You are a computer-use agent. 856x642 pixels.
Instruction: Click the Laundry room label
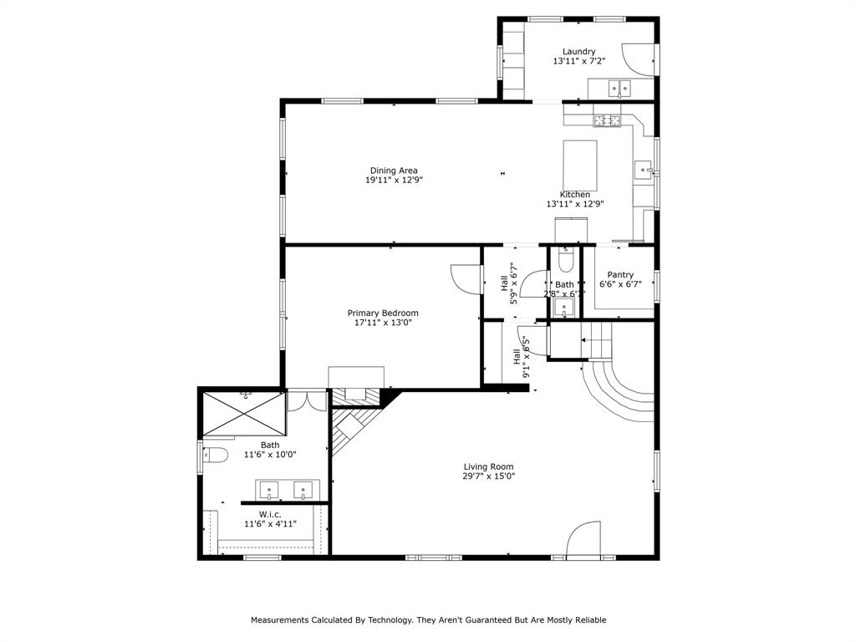[578, 52]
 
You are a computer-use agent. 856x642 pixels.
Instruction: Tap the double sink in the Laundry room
[619, 87]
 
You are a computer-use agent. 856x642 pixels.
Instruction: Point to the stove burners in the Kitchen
[609, 121]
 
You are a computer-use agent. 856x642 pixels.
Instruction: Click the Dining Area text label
[394, 171]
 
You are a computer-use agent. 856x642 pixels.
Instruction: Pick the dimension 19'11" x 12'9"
[394, 181]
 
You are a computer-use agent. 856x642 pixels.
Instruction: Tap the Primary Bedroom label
[383, 313]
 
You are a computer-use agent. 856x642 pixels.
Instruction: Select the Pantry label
[620, 275]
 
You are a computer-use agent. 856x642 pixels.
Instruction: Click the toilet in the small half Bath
[565, 262]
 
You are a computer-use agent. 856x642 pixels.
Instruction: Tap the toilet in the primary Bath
[216, 456]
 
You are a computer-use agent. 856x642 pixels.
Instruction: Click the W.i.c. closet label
[269, 514]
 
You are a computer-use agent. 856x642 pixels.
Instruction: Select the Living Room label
[489, 466]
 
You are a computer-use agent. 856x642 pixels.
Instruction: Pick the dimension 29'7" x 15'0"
[489, 476]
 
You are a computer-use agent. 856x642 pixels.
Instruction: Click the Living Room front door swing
[585, 540]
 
